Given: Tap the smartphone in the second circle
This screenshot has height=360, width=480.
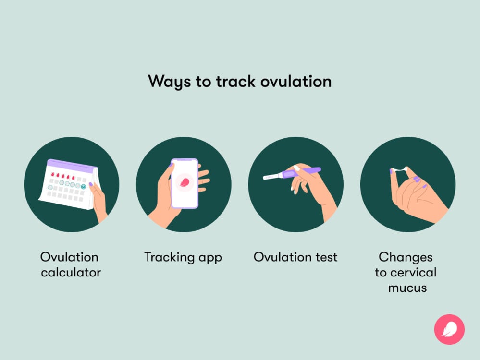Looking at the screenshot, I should click(185, 183).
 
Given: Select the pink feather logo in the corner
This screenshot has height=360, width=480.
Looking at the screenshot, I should click(449, 329).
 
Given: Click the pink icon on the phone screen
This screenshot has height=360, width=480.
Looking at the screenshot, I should click(185, 181).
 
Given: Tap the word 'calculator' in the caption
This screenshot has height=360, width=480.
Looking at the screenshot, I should click(71, 273).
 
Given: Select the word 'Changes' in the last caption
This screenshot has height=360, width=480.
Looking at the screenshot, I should click(406, 257).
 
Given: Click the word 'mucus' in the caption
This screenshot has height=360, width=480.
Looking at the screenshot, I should click(407, 288).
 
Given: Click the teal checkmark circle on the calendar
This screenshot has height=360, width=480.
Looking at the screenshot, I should click(84, 186).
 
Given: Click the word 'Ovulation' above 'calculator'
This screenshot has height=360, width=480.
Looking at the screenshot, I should click(69, 257).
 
